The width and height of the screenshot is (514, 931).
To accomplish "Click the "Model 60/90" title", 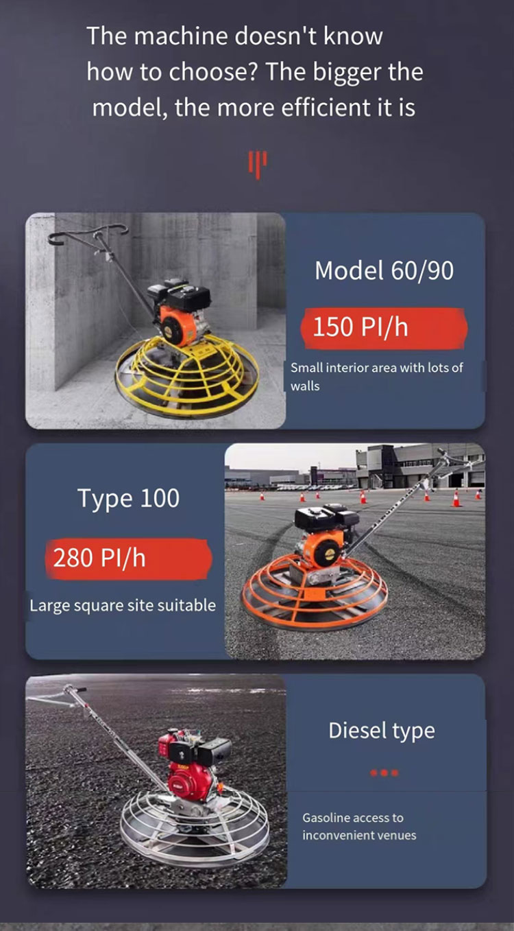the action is (384, 270).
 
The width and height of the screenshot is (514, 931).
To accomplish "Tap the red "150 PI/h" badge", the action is (384, 327).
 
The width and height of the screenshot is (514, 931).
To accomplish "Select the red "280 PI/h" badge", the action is (129, 558).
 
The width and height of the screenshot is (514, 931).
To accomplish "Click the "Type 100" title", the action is (128, 498).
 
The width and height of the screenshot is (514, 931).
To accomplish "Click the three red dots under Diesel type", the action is (384, 773).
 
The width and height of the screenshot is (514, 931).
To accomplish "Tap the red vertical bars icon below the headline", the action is (258, 165).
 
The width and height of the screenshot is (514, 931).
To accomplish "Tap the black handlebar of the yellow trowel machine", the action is (88, 233).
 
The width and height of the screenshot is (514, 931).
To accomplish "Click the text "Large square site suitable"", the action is (123, 606).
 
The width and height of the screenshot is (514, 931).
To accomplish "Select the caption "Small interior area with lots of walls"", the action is (376, 377).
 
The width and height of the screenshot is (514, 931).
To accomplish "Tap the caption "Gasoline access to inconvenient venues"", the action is (359, 826).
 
